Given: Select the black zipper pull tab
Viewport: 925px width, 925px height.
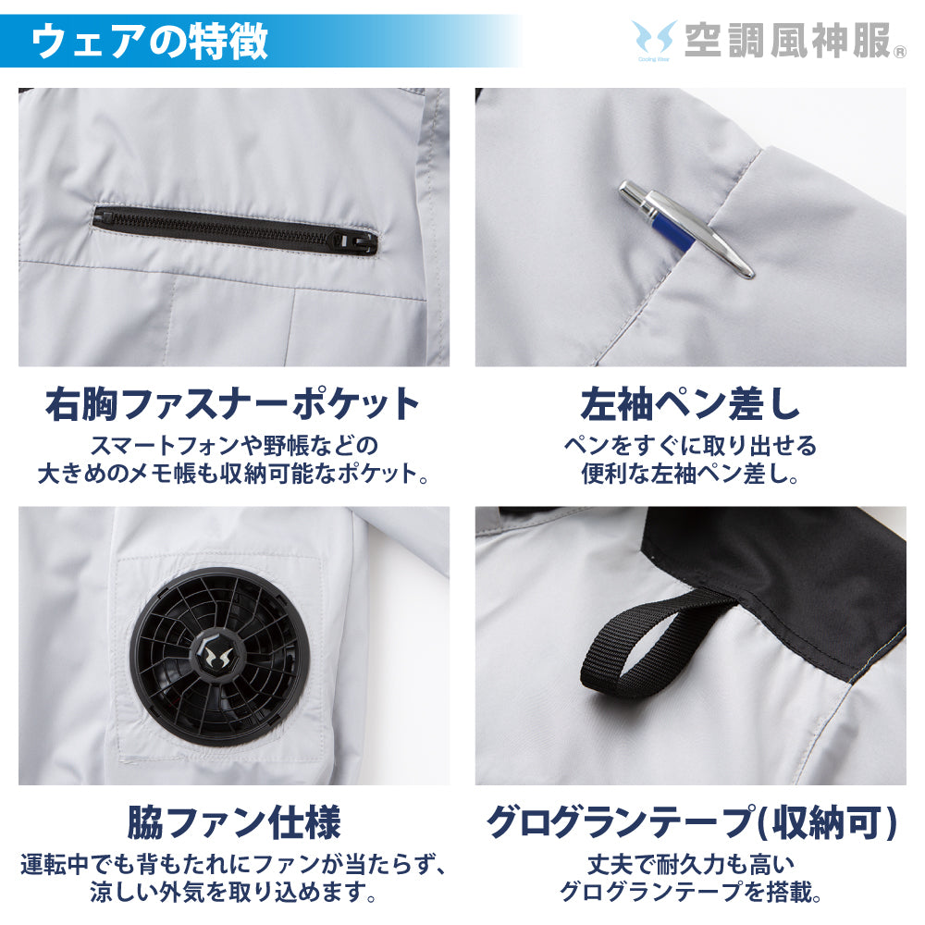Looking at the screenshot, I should pyautogui.click(x=367, y=243).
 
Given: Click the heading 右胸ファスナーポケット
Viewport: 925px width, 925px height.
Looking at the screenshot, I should pyautogui.click(x=233, y=404).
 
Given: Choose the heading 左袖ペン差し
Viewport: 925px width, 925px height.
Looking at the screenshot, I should pyautogui.click(x=690, y=404).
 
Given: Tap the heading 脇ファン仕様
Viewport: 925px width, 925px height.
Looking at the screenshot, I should pyautogui.click(x=233, y=821).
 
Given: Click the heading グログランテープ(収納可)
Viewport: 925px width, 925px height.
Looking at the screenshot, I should pyautogui.click(x=691, y=821).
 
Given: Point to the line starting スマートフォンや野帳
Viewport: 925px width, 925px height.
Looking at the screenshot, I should pyautogui.click(x=233, y=446).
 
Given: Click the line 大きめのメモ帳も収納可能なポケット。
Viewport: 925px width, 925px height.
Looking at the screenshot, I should pyautogui.click(x=233, y=474).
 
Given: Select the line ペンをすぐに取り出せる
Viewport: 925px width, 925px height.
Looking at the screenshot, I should pyautogui.click(x=690, y=446).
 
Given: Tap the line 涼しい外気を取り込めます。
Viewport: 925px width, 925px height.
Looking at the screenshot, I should pyautogui.click(x=233, y=893).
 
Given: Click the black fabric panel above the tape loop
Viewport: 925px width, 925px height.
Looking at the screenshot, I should pyautogui.click(x=786, y=564).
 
